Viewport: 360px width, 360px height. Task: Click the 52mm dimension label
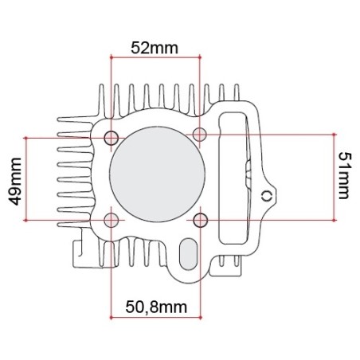click(x=155, y=48)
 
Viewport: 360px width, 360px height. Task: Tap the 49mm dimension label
click(x=14, y=182)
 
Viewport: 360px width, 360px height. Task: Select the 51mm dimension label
click(x=345, y=176)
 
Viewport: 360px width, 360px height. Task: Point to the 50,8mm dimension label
click(x=156, y=307)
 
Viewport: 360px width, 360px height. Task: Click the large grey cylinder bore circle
click(x=157, y=174)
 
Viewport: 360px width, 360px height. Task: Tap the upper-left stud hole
click(x=112, y=138)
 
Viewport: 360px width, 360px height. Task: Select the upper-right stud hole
click(x=200, y=135)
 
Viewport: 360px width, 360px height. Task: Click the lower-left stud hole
click(x=112, y=220)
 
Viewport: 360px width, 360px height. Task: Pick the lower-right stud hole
click(x=201, y=220)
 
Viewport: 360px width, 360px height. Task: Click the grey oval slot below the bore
click(x=189, y=254)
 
